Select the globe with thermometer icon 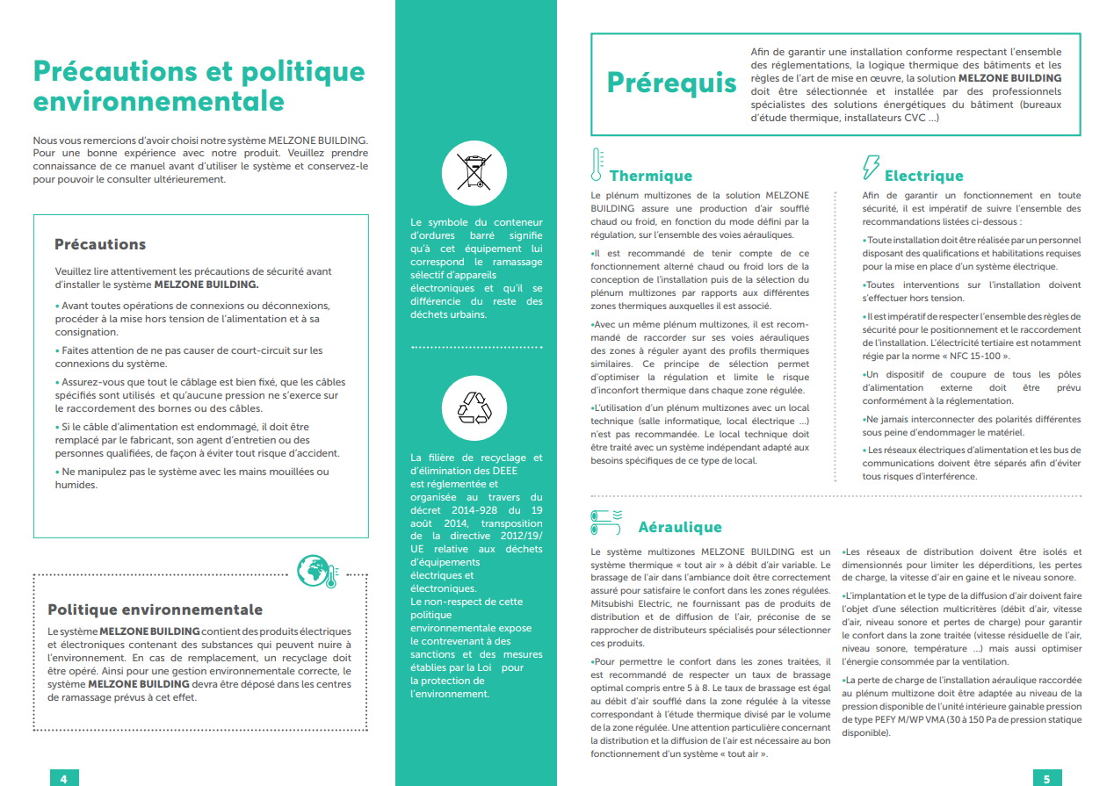[317, 571]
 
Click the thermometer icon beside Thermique [597, 165]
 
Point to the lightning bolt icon [872, 167]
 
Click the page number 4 [64, 778]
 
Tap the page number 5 [1046, 778]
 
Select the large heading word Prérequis [672, 83]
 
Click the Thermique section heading [650, 176]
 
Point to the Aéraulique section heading [679, 527]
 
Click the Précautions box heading [100, 244]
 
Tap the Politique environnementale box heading [155, 609]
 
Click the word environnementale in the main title [158, 101]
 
